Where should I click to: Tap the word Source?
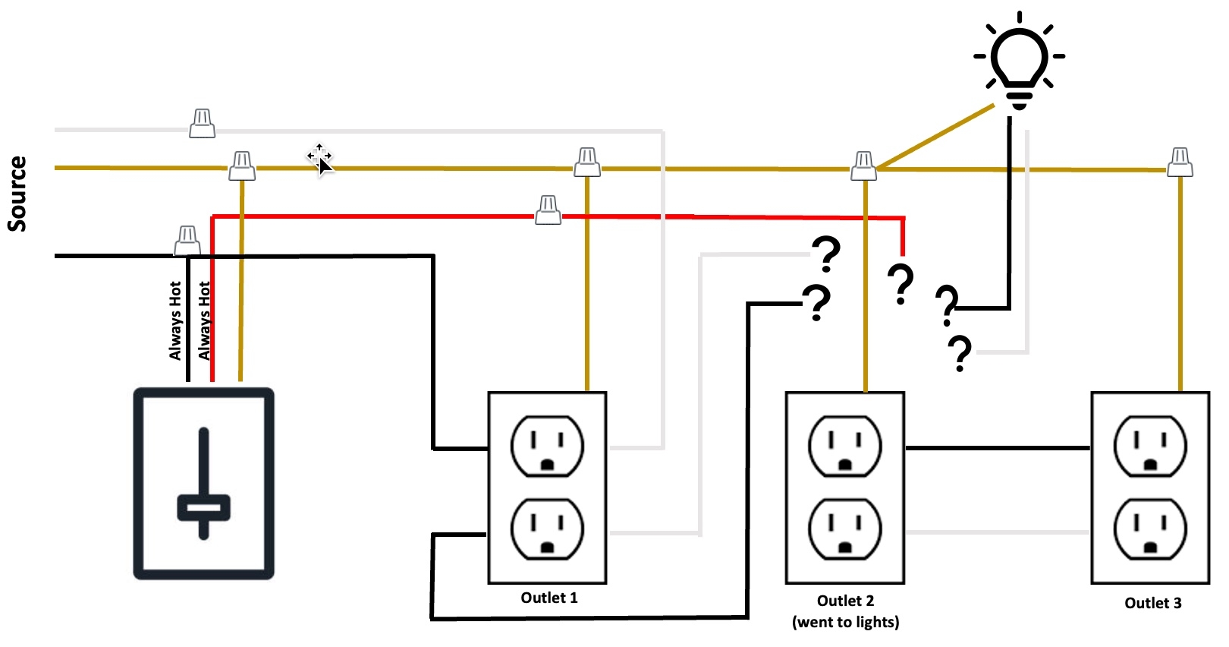tap(17, 194)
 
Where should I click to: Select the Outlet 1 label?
tap(548, 598)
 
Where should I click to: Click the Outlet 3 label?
tap(1152, 603)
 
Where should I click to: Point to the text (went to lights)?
tap(845, 622)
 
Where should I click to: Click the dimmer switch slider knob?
tap(203, 507)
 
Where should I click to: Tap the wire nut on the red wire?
tap(548, 210)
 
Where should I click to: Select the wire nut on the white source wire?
tap(202, 124)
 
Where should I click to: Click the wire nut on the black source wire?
tap(187, 241)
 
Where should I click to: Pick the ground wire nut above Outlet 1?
tap(587, 163)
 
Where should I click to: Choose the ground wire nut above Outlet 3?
tap(1180, 163)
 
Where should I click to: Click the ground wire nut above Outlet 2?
tap(863, 166)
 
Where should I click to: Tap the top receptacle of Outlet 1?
tap(547, 446)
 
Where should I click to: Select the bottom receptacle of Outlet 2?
tap(844, 529)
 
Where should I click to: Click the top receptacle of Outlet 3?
tap(1150, 446)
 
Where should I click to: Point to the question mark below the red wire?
tap(901, 284)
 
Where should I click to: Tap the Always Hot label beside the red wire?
tap(204, 320)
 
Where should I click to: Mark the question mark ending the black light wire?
tap(947, 305)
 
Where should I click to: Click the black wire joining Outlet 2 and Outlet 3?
tap(998, 448)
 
